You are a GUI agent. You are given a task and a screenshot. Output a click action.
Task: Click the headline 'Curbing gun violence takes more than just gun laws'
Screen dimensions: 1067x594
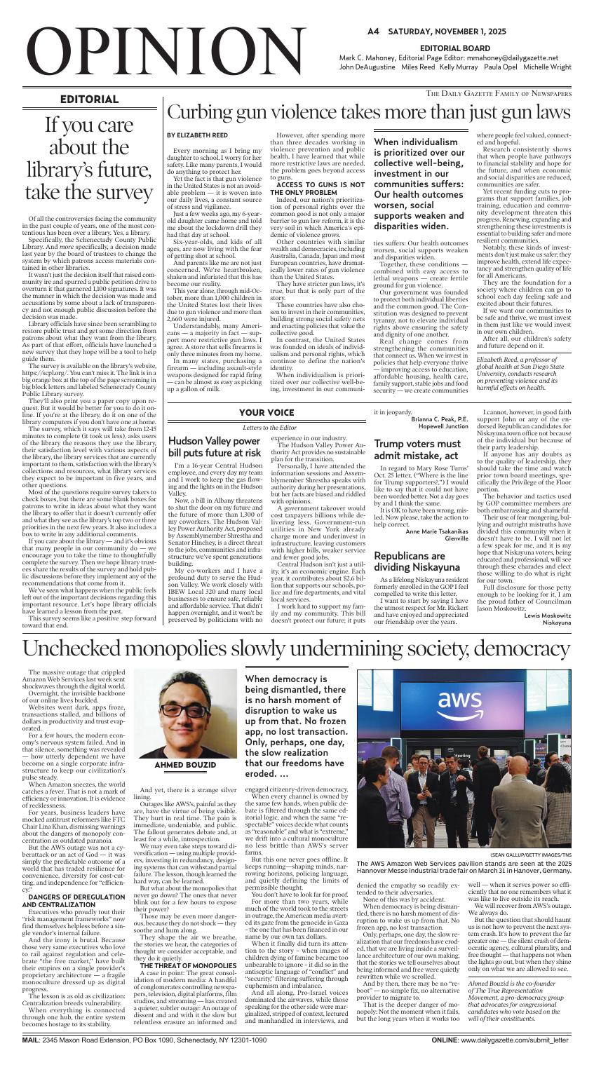tap(367, 112)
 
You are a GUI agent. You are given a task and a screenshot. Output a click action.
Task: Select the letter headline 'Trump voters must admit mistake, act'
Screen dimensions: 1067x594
tap(417, 449)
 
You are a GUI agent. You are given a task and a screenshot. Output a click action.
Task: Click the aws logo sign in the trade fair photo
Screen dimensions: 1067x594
tap(459, 702)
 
